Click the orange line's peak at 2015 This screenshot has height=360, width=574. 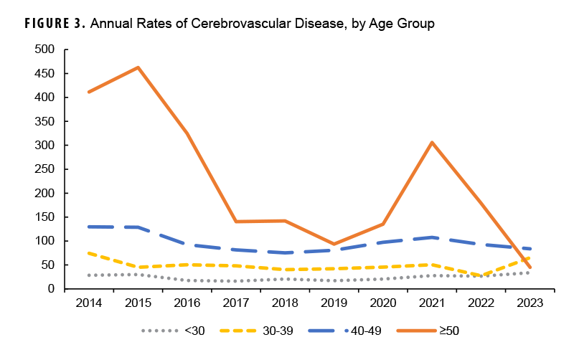[138, 67]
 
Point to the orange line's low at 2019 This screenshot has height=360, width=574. [334, 244]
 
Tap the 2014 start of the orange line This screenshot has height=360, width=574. [89, 92]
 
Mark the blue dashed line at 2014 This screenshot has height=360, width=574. [89, 227]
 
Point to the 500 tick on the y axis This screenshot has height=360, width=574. [44, 49]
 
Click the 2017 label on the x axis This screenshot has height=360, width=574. [236, 303]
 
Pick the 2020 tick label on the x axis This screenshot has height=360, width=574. [382, 303]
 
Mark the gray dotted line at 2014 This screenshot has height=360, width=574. [89, 275]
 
